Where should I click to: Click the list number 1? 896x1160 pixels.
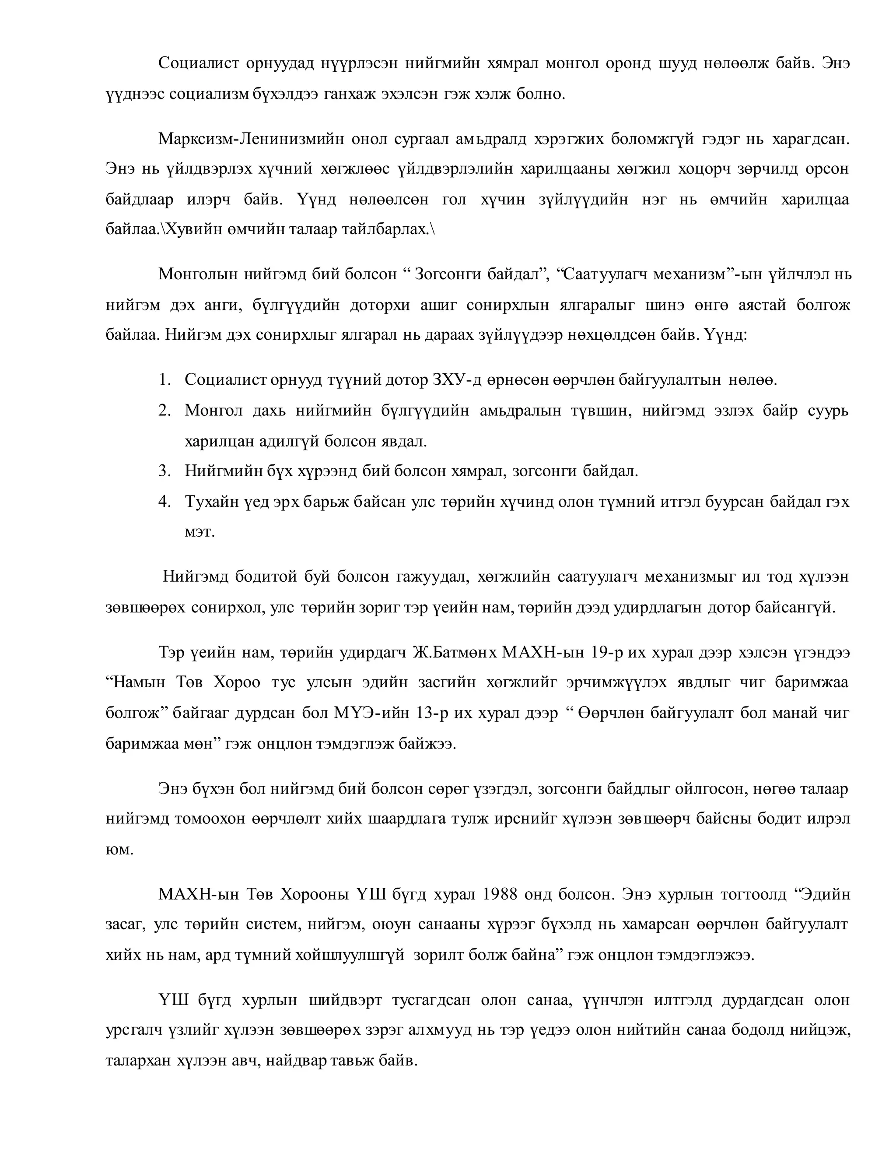pyautogui.click(x=164, y=380)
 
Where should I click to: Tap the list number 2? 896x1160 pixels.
pyautogui.click(x=164, y=411)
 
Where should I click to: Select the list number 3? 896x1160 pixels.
pyautogui.click(x=164, y=471)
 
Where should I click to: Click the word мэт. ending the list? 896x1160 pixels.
pyautogui.click(x=199, y=532)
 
